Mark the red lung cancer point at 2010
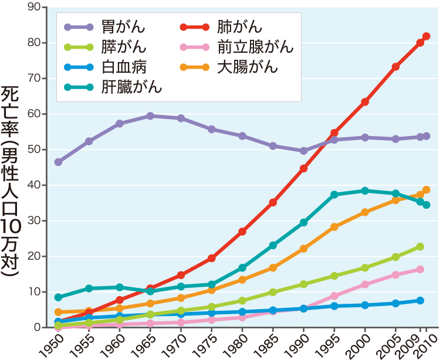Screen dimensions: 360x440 click(427, 36)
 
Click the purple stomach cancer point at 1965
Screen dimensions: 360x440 click(150, 116)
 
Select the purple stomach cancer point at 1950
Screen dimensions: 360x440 click(58, 162)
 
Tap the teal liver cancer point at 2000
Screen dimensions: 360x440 click(365, 191)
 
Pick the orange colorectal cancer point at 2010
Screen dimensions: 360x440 click(427, 190)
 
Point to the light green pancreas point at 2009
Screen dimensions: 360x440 click(420, 247)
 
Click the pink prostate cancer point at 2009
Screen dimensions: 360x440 click(420, 270)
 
